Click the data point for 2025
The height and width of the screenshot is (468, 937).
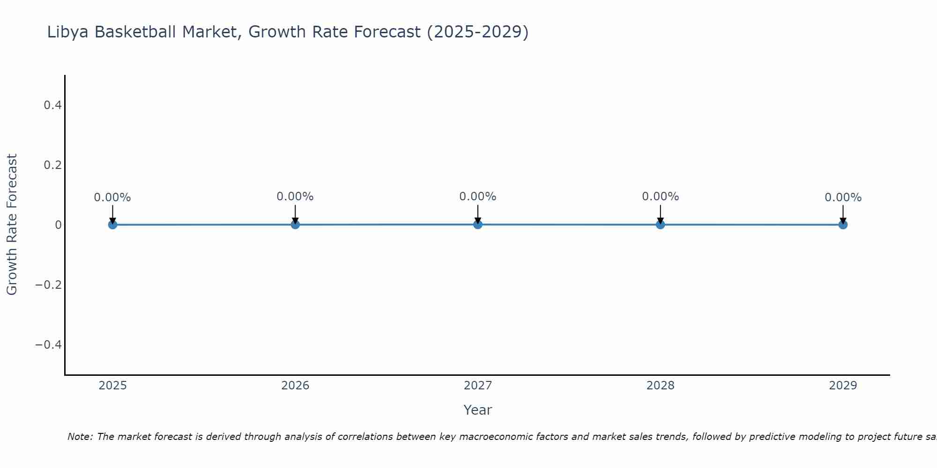click(112, 225)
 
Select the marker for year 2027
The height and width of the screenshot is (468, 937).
click(477, 224)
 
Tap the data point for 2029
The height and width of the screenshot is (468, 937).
click(843, 225)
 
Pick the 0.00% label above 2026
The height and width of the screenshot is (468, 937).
click(295, 197)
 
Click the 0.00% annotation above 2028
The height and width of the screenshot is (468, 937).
click(660, 197)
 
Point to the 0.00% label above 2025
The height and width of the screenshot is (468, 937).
click(112, 197)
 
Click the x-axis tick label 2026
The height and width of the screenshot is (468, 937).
click(295, 386)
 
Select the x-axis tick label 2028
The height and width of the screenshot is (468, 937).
click(660, 386)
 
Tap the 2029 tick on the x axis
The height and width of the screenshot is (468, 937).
click(843, 386)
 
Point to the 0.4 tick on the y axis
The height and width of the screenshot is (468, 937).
click(53, 105)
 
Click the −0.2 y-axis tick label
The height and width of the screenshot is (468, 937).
click(49, 285)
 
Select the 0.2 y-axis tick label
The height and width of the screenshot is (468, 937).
click(53, 165)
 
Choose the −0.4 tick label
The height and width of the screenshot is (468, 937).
click(49, 345)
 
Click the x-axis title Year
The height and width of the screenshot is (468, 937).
click(477, 410)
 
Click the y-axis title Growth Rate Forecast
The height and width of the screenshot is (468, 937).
click(12, 225)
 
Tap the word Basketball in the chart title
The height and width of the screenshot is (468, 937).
click(136, 32)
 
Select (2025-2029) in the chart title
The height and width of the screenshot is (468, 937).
click(477, 32)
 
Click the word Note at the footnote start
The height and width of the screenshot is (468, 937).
click(80, 437)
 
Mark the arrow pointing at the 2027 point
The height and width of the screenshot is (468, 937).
click(477, 214)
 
